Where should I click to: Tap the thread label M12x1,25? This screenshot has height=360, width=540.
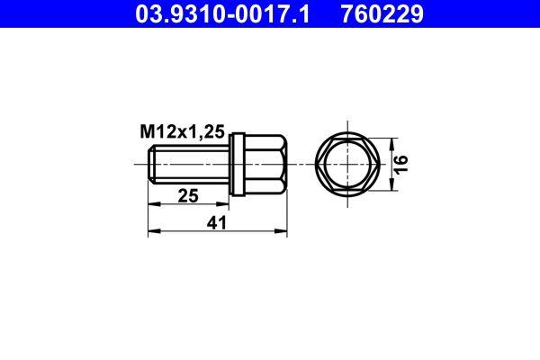tap(181, 131)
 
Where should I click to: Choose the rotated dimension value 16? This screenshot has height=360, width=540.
tap(402, 164)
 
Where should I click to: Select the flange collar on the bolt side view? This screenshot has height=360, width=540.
tap(237, 164)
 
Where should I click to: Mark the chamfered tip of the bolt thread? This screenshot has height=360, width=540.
tap(150, 164)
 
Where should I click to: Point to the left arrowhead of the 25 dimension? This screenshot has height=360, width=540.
tap(152, 204)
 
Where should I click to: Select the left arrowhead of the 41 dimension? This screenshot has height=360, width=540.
tap(152, 232)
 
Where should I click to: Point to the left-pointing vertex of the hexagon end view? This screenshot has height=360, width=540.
tap(317, 164)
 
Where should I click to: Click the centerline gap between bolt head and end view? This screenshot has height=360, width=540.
tap(301, 164)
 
